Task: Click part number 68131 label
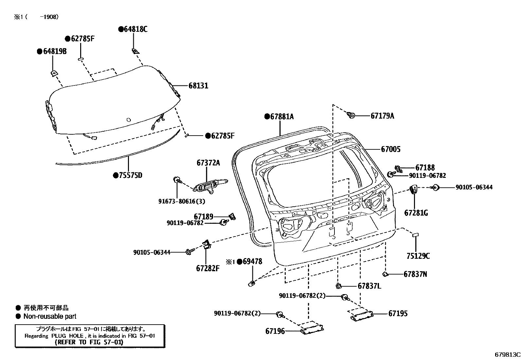point(198,86)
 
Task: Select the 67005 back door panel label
point(390,149)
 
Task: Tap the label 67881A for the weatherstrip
point(282,116)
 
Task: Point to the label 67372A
point(208,163)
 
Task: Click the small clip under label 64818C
point(135,50)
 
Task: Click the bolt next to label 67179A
point(351,115)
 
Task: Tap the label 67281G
point(416,213)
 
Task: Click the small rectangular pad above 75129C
point(415,235)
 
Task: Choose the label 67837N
point(415,274)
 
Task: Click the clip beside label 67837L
point(339,286)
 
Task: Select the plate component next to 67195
point(362,316)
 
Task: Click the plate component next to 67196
point(312,330)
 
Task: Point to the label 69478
point(252,261)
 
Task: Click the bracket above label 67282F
point(207,244)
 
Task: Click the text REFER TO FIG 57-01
point(89,342)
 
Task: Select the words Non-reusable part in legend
point(50,316)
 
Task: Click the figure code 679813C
point(507,354)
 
